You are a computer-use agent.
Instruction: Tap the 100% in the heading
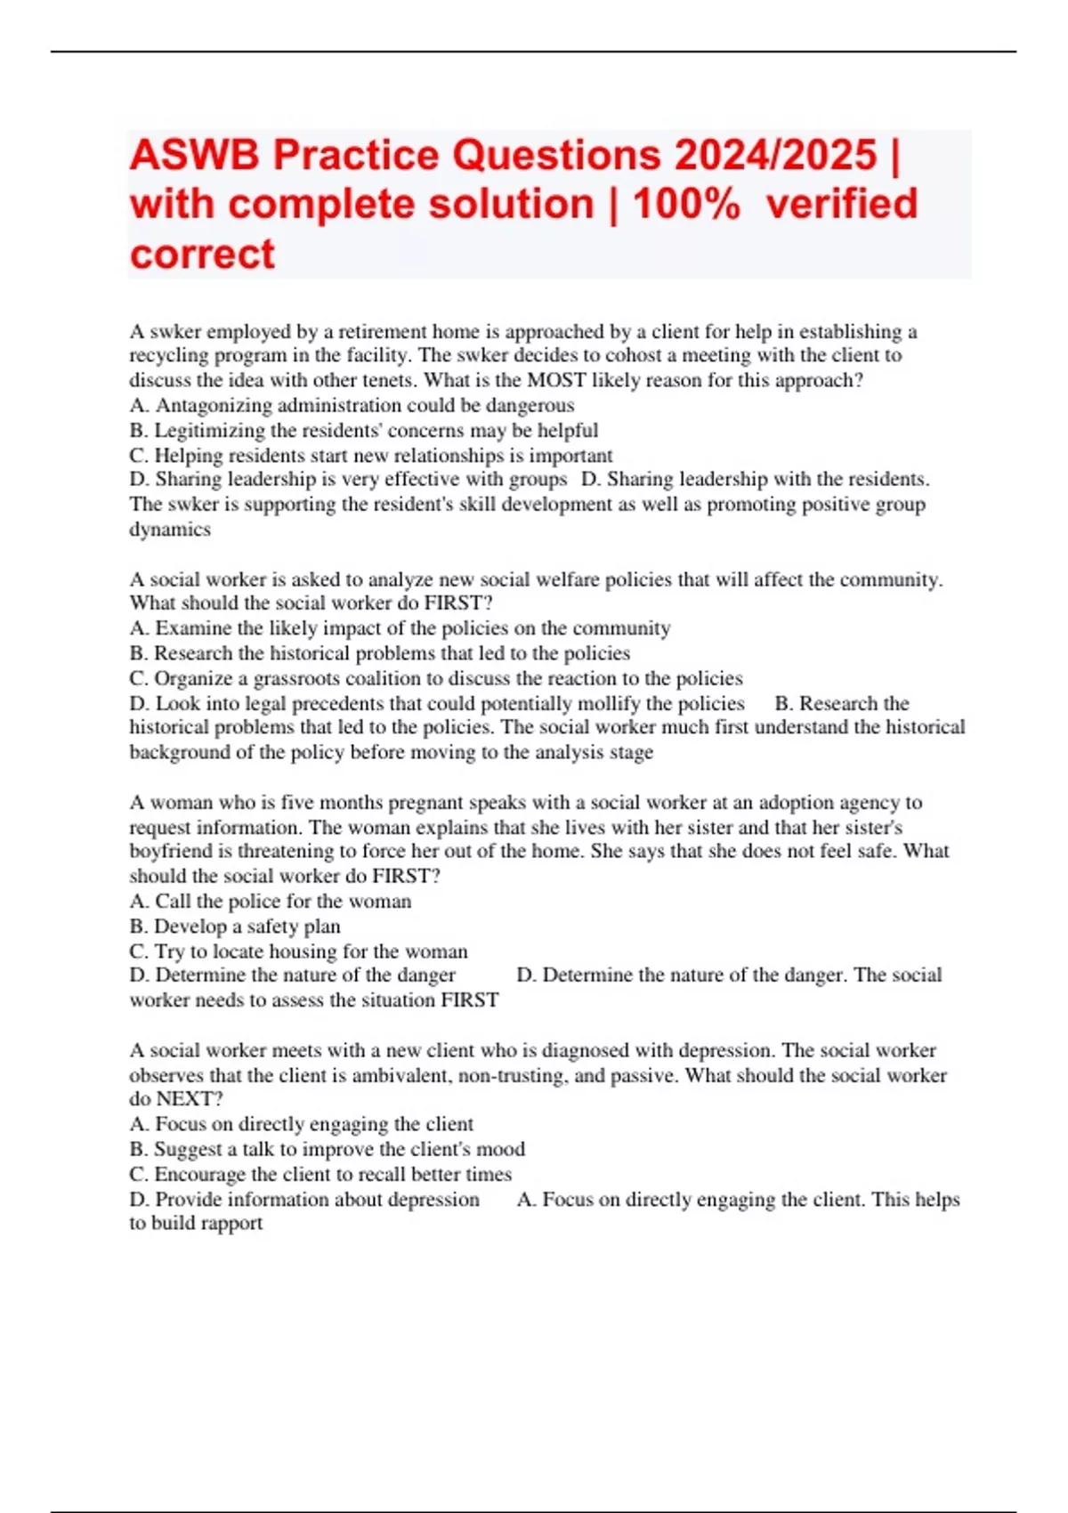(685, 205)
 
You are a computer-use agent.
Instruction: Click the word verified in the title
(841, 205)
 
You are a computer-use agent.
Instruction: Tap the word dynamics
(170, 530)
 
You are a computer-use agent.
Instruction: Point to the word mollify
(608, 704)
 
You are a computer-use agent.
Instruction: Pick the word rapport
(231, 1224)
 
